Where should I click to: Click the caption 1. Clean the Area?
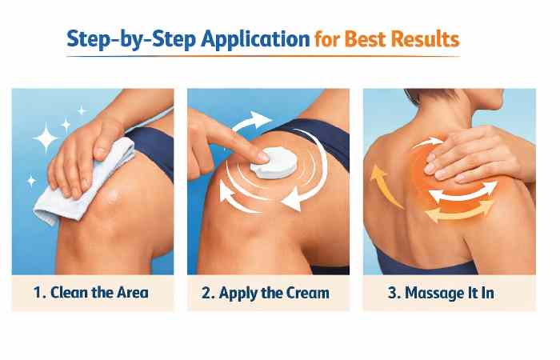pos(93,292)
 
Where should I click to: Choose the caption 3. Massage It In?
pos(441,292)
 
